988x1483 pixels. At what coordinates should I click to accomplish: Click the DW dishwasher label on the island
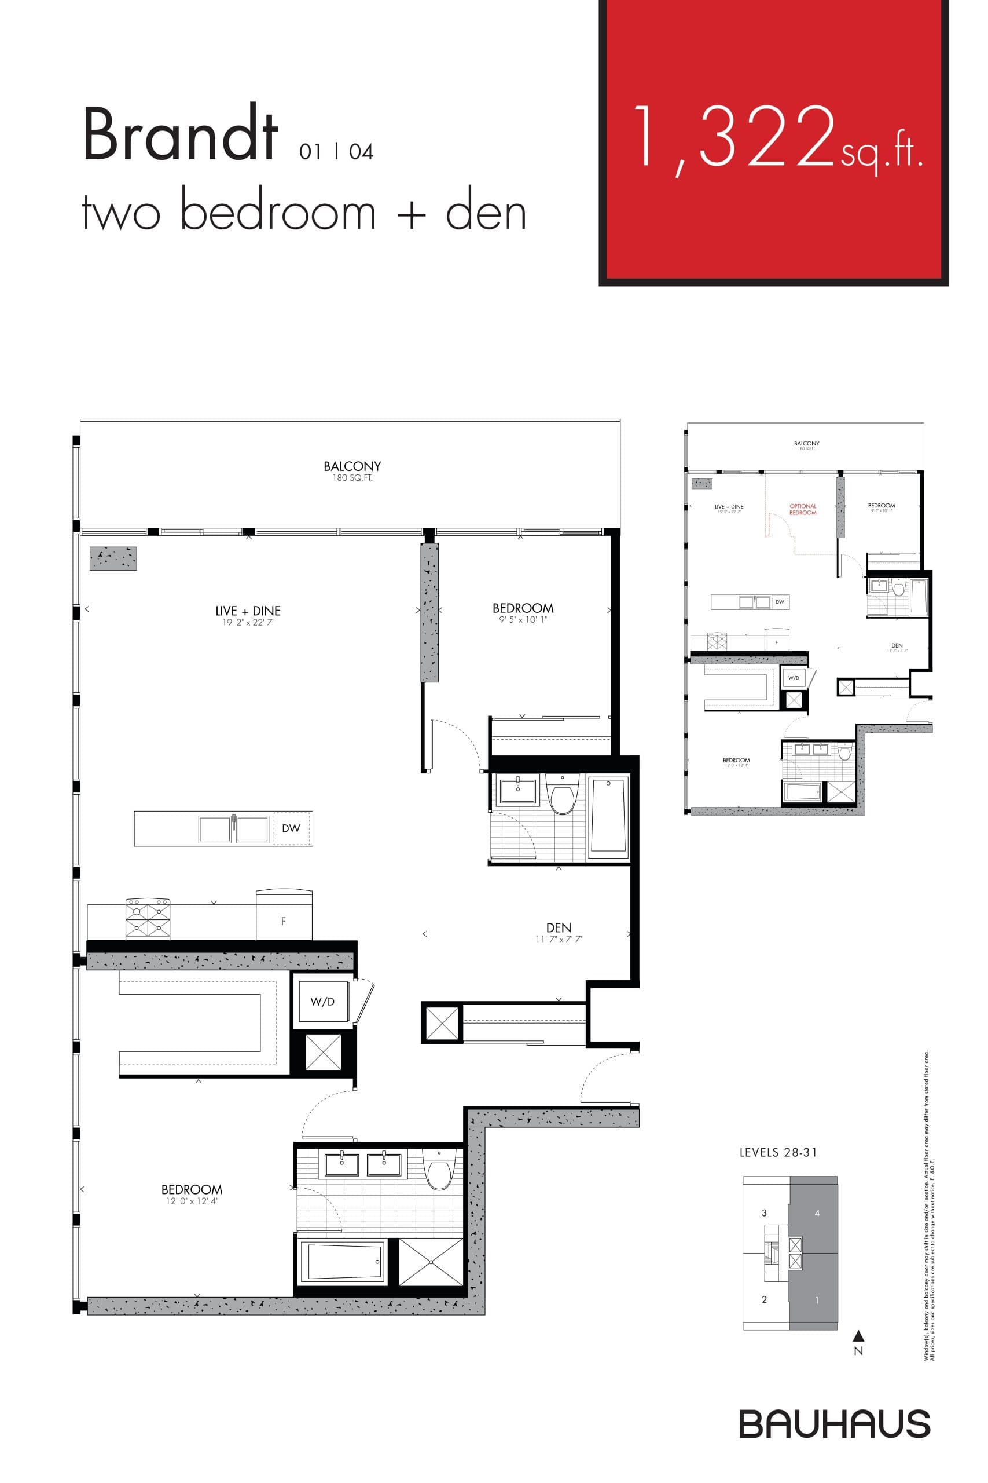[291, 828]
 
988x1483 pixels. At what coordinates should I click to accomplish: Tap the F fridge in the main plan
[284, 921]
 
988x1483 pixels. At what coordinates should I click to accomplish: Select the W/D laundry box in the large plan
[322, 1001]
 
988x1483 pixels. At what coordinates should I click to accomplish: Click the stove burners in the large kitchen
[148, 919]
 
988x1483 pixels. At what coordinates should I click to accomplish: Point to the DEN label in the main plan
[559, 927]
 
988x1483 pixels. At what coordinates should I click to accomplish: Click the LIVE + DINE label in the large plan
[248, 611]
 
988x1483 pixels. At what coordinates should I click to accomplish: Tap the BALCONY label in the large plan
[352, 466]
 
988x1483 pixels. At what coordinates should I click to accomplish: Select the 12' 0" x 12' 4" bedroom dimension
[192, 1201]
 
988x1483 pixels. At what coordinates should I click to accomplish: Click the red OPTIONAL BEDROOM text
[803, 509]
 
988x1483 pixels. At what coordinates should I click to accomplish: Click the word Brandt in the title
[180, 135]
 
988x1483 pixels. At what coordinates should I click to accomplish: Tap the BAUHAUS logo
[834, 1424]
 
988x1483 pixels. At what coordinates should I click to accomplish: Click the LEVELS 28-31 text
[778, 1153]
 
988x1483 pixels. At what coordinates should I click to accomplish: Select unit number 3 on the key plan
[765, 1212]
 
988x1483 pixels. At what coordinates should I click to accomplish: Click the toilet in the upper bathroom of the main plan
[561, 796]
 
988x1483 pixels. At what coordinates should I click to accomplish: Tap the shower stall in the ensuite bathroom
[431, 1262]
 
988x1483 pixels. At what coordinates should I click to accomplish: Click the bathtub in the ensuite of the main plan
[342, 1262]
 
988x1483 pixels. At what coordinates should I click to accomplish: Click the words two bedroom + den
[304, 213]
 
